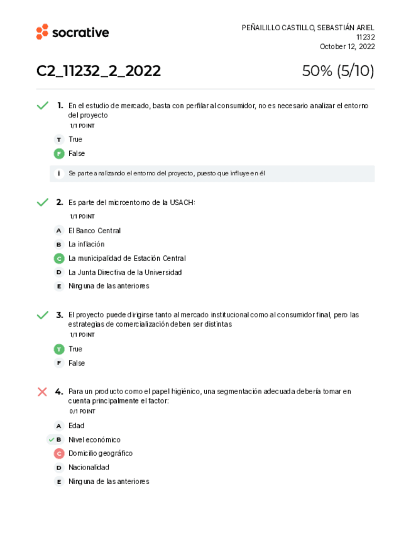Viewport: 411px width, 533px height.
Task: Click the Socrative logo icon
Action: pyautogui.click(x=42, y=32)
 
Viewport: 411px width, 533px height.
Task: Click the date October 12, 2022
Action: pyautogui.click(x=347, y=47)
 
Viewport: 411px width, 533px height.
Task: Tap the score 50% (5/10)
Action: pyautogui.click(x=338, y=72)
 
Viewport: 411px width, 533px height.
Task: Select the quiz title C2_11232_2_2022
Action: pyautogui.click(x=99, y=72)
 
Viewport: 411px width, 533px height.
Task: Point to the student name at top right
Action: pyautogui.click(x=308, y=28)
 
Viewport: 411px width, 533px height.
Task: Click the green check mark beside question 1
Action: pyautogui.click(x=42, y=106)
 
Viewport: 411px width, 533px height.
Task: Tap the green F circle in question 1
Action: pyautogui.click(x=59, y=153)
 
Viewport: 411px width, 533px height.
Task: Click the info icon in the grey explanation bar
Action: pyautogui.click(x=59, y=173)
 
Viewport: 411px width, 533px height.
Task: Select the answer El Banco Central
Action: pyautogui.click(x=94, y=231)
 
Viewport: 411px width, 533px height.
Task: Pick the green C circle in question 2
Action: pyautogui.click(x=59, y=258)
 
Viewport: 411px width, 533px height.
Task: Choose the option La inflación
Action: pyautogui.click(x=87, y=245)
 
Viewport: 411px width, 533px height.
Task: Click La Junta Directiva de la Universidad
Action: pyautogui.click(x=125, y=272)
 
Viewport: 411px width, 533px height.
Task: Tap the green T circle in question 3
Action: pyautogui.click(x=59, y=349)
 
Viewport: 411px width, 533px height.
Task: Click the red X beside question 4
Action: pyautogui.click(x=42, y=392)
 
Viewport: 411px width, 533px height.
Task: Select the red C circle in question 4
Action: pyautogui.click(x=59, y=454)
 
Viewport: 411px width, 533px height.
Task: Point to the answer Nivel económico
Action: pyautogui.click(x=94, y=440)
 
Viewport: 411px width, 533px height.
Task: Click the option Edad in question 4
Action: pyautogui.click(x=76, y=426)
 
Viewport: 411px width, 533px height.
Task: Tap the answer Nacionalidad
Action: pyautogui.click(x=89, y=468)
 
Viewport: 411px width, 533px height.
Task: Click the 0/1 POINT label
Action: pyautogui.click(x=82, y=412)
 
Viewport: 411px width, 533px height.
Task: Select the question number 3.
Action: pyautogui.click(x=59, y=315)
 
